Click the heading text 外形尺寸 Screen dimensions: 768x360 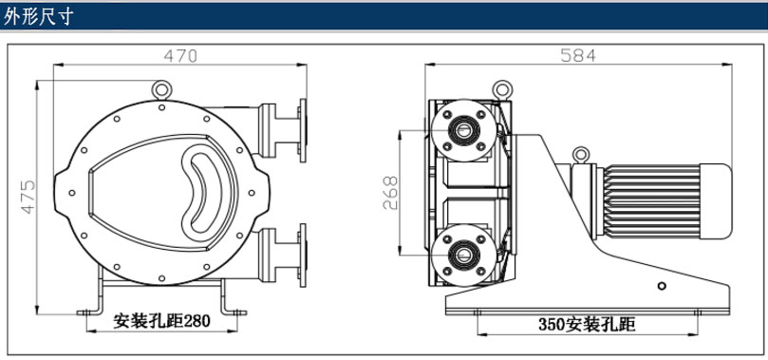(38, 16)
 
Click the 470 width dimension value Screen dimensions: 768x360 (180, 56)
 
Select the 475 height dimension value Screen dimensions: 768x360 (28, 197)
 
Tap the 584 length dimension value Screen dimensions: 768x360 (578, 55)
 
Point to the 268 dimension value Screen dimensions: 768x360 (390, 193)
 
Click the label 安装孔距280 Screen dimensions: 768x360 (161, 320)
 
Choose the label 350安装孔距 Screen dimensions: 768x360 (587, 324)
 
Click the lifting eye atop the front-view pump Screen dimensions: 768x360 (161, 89)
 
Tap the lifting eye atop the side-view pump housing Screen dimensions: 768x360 (502, 89)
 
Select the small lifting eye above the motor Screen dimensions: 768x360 (581, 155)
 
